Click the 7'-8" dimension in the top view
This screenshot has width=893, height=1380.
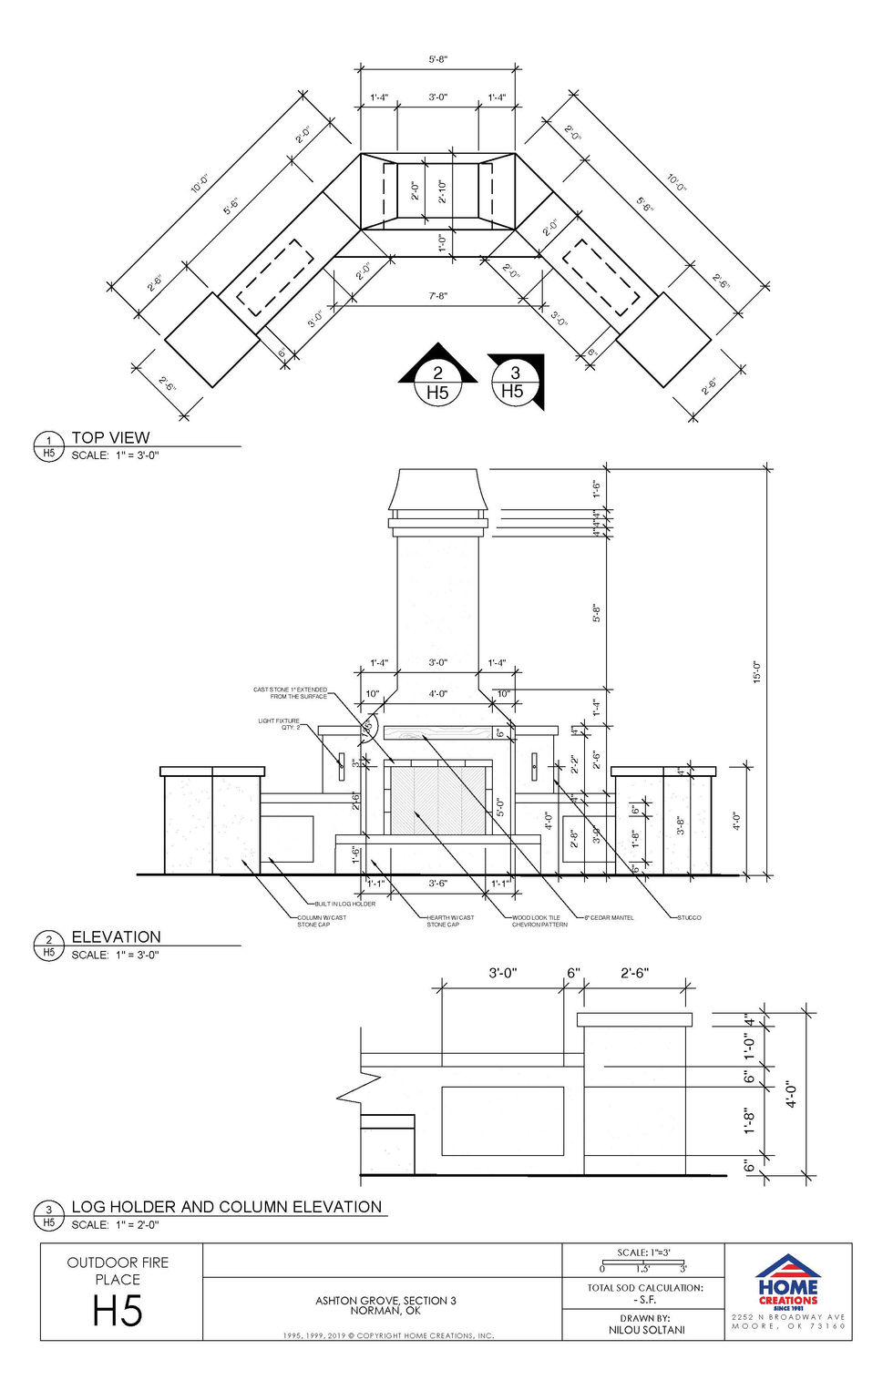point(438,296)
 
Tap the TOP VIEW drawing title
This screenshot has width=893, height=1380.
point(110,437)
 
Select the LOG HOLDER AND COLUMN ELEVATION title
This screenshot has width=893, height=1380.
point(226,1207)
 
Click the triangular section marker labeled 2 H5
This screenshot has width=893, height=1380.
point(437,376)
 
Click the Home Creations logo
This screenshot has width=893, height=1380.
point(787,1281)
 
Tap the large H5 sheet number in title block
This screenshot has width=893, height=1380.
point(118,1312)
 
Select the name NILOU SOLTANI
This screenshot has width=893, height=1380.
point(646,1330)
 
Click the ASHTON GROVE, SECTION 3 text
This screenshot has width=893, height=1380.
point(385,1301)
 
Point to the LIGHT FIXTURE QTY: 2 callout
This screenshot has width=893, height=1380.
point(279,724)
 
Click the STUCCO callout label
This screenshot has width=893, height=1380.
point(690,917)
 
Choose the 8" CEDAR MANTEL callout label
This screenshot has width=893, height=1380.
point(609,917)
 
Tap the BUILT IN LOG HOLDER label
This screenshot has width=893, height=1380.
point(345,904)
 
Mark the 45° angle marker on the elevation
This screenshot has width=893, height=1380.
point(368,727)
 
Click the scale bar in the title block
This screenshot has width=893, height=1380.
point(643,1262)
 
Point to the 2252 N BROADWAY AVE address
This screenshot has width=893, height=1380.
point(788,1317)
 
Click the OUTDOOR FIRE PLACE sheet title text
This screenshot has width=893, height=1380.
point(118,1271)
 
